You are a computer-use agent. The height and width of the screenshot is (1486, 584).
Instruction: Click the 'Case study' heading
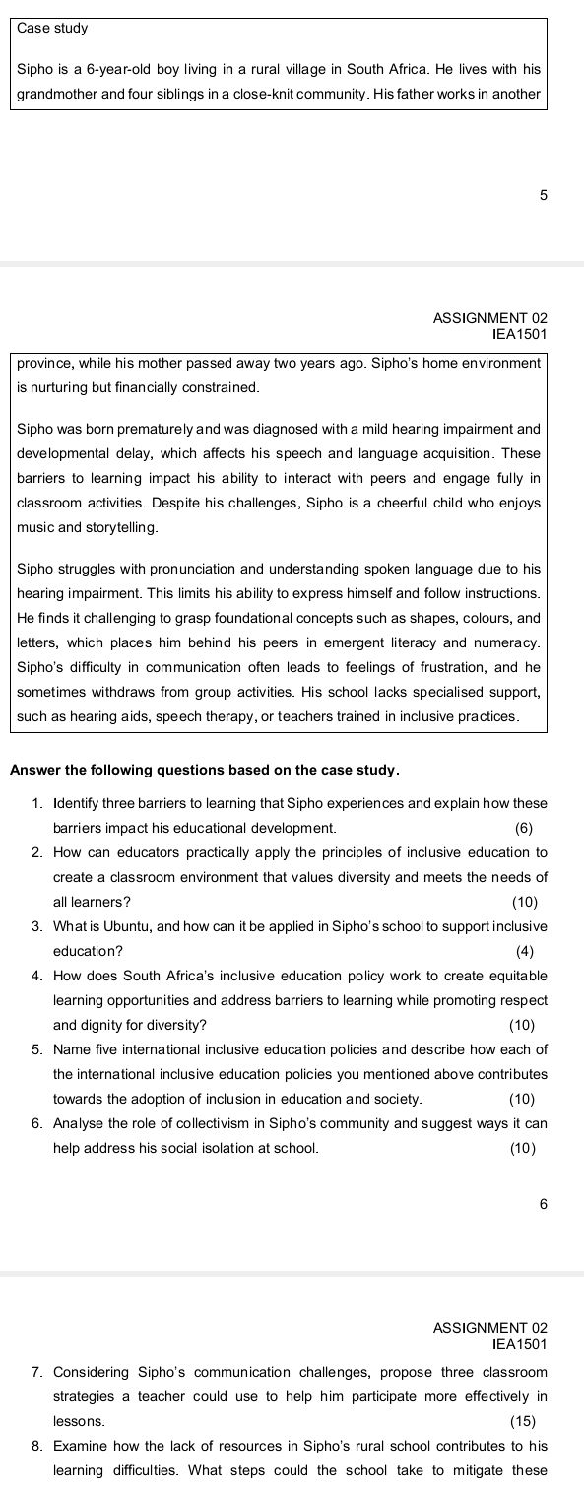click(53, 29)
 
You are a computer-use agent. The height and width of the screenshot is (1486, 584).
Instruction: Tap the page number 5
click(543, 196)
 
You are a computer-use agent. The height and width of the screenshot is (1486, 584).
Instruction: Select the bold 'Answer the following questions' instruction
click(204, 769)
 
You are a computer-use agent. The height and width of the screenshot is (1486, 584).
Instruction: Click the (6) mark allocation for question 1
click(523, 828)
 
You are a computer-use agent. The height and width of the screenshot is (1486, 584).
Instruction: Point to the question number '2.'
click(36, 852)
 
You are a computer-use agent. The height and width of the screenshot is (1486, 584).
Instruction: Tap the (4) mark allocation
click(524, 952)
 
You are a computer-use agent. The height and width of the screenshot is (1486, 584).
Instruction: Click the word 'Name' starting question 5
click(72, 1048)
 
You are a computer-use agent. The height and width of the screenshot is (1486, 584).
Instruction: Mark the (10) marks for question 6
click(522, 1148)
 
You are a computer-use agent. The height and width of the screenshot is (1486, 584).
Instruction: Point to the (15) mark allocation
click(523, 1421)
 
